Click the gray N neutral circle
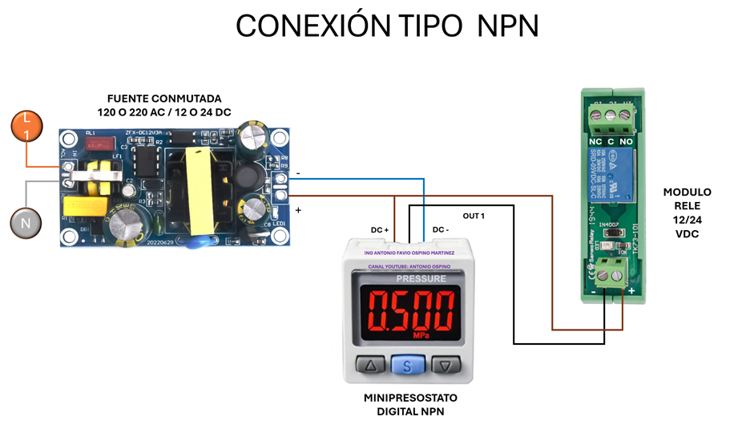click(26, 223)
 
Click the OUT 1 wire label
click(474, 216)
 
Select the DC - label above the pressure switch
click(440, 230)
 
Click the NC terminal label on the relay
click(595, 142)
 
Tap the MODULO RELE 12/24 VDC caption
click(687, 212)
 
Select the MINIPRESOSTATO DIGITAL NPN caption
click(410, 404)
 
